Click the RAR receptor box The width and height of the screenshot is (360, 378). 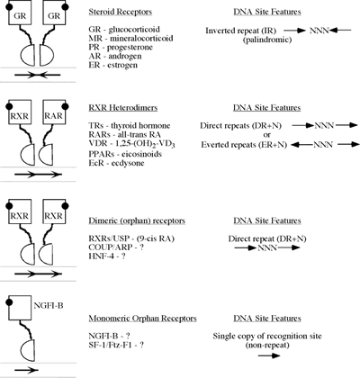(54, 112)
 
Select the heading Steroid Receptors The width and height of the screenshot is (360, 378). (121, 12)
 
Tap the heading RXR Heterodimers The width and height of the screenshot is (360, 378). (123, 108)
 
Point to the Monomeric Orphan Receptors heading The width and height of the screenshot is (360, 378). (142, 319)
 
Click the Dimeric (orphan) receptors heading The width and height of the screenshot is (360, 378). (137, 220)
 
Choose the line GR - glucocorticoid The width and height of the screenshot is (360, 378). (124, 30)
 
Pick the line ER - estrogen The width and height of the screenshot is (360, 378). (113, 65)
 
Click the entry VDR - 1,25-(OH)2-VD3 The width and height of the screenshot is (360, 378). (131, 144)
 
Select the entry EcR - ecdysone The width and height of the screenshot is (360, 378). (116, 163)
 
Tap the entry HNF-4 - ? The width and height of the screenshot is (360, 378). (107, 256)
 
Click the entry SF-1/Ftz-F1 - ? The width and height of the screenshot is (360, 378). (116, 345)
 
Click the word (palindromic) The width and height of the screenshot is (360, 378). (267, 40)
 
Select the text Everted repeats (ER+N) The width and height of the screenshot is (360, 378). (244, 145)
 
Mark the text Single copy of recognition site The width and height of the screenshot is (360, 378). (267, 336)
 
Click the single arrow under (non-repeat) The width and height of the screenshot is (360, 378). (269, 355)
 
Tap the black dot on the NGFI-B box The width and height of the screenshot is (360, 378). (9, 301)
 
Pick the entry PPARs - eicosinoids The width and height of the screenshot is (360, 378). (125, 154)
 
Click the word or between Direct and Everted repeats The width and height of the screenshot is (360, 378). (266, 135)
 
